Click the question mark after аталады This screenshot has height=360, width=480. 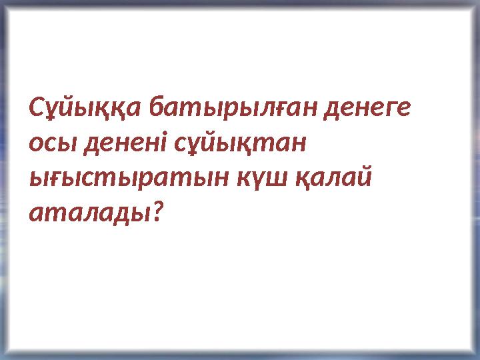coord(157,212)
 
